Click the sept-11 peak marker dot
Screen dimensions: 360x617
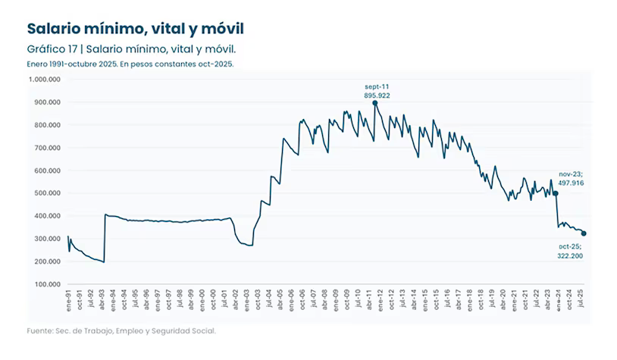(374, 103)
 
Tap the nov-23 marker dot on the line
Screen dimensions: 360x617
(556, 193)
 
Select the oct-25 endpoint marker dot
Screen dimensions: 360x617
(583, 233)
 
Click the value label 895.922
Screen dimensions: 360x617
(377, 95)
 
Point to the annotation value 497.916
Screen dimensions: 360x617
(570, 183)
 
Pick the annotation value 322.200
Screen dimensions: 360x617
(571, 256)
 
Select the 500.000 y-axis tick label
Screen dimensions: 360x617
(48, 193)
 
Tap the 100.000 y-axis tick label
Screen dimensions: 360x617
(48, 284)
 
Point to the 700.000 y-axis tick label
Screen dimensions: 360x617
(48, 147)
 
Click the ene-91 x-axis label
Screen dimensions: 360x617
(69, 300)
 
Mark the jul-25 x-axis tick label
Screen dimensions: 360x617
(580, 300)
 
